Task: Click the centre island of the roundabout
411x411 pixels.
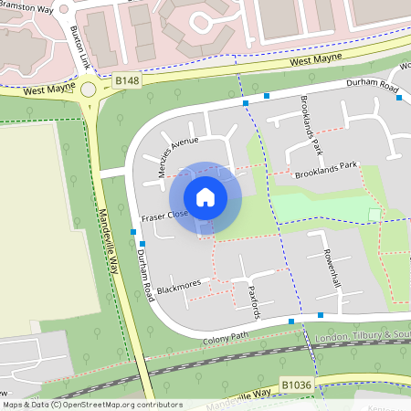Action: click(89, 89)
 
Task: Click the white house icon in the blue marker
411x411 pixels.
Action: click(205, 196)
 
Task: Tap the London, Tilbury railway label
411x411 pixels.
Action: click(361, 336)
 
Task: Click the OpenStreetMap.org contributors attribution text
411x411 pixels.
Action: click(117, 404)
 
